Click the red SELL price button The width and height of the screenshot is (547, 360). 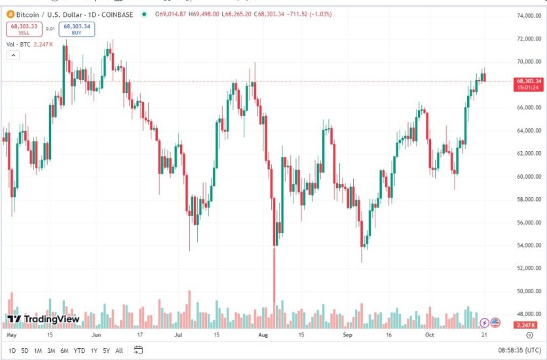click(24, 29)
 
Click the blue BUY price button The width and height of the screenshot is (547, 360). click(76, 29)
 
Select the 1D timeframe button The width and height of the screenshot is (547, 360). click(12, 351)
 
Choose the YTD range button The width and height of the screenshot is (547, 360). click(79, 351)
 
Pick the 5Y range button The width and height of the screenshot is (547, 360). click(106, 351)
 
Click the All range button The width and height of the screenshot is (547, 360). click(119, 351)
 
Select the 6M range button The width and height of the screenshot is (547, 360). click(65, 351)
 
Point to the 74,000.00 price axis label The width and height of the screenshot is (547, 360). click(528, 16)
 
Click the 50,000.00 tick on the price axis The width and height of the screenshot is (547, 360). click(528, 291)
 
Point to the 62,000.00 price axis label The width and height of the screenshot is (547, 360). click(528, 154)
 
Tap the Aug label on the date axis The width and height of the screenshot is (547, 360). click(263, 334)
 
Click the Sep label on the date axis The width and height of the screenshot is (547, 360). click(348, 334)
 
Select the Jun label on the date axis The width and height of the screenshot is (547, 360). click(96, 334)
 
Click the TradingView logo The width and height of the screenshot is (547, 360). click(43, 319)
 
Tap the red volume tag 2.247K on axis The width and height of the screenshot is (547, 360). click(527, 325)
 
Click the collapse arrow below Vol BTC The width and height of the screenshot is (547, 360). click(12, 56)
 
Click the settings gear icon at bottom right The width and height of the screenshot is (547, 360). click(529, 334)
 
